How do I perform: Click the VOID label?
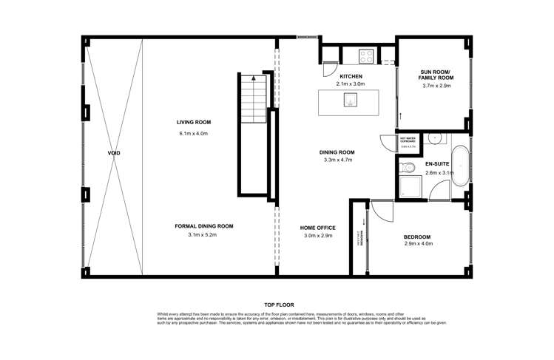[x=113, y=153]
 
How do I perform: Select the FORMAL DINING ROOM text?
[x=204, y=225]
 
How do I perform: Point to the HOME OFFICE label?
[x=318, y=227]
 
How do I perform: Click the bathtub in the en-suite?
[x=459, y=167]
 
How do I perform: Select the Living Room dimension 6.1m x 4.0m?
[x=195, y=133]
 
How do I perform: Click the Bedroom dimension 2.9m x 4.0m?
[x=418, y=243]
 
